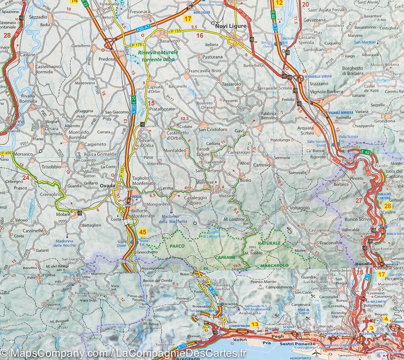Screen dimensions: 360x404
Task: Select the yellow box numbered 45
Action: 143,232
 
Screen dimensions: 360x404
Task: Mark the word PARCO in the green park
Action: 177,246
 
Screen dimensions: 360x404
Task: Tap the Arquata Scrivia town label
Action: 305,130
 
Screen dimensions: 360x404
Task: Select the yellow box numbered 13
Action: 255,324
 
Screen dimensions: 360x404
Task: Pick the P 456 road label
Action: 6,153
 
